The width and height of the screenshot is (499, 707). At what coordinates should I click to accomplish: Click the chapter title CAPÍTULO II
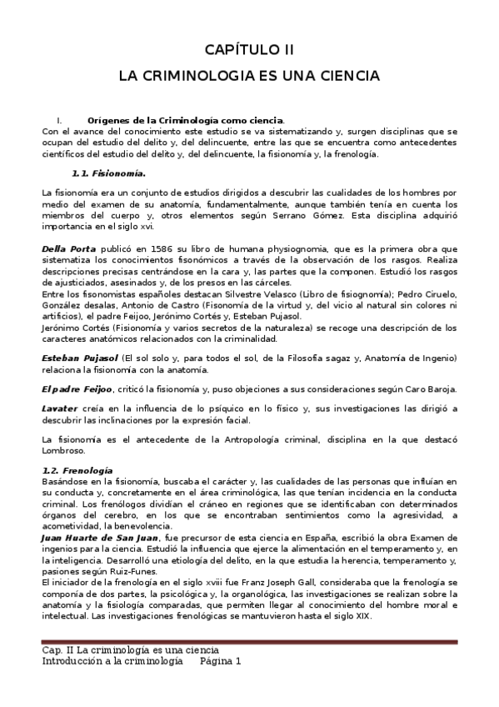pyautogui.click(x=249, y=49)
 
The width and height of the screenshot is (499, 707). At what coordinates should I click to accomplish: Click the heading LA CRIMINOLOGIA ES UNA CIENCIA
pyautogui.click(x=249, y=75)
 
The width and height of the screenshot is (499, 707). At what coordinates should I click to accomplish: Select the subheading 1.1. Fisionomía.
pyautogui.click(x=108, y=173)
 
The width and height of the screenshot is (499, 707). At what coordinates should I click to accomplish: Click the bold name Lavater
pyautogui.click(x=61, y=408)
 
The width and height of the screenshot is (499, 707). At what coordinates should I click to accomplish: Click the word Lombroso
pyautogui.click(x=63, y=450)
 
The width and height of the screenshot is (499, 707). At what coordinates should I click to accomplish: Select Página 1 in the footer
pyautogui.click(x=220, y=660)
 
